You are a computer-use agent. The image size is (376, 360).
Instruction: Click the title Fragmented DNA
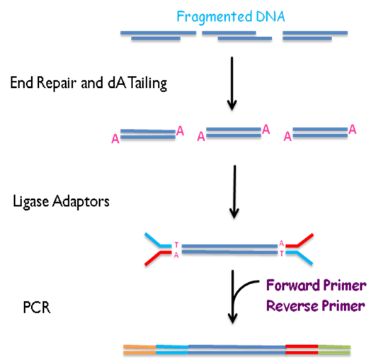pos(231,17)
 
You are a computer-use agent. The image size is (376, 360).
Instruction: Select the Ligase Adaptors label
pos(61,201)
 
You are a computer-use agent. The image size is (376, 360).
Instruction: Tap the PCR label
pos(37,308)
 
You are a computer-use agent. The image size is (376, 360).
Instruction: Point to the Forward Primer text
pos(317,285)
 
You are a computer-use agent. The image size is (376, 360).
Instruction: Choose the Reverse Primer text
pos(316,305)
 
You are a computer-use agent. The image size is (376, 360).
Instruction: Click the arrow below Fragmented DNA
pos(232,84)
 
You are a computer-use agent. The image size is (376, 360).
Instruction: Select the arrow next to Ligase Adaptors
pos(234,192)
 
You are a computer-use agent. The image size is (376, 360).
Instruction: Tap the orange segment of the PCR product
pos(139,349)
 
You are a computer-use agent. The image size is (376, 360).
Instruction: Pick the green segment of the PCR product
pos(334,349)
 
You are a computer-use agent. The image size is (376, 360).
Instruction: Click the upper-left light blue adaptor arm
pos(157,240)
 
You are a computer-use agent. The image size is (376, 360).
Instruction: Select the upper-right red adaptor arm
pos(300,240)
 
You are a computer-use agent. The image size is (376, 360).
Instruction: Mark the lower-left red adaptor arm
pos(157,258)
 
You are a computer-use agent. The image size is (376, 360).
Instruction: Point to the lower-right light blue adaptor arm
pos(300,258)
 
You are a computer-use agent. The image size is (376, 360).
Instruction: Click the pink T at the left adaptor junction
pos(177,244)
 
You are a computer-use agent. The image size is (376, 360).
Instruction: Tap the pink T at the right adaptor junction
pos(282,254)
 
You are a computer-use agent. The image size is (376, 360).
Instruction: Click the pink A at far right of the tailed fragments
pos(353,130)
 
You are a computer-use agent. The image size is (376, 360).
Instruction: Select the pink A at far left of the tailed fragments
pos(115,139)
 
